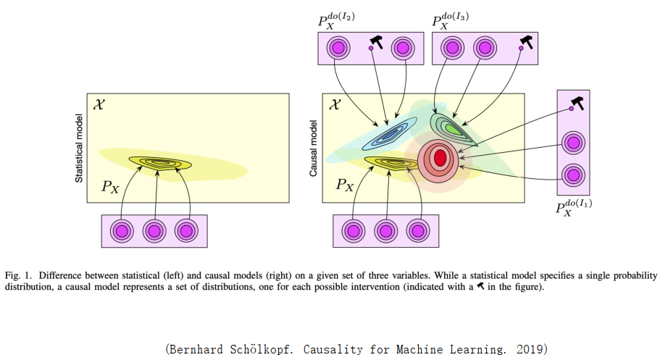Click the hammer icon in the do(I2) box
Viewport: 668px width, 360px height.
(377, 41)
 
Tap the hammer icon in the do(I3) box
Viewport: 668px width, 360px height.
(527, 41)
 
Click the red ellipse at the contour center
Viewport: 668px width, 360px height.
(439, 157)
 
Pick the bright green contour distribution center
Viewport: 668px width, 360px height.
(452, 129)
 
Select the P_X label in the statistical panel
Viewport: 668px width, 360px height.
(110, 186)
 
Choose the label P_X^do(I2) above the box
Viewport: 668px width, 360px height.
(338, 21)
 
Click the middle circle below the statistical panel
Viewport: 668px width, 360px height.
(154, 231)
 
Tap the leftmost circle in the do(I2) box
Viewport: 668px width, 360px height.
(338, 49)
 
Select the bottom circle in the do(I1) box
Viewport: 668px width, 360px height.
(573, 175)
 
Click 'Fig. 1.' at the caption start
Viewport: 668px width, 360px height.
(20, 275)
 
